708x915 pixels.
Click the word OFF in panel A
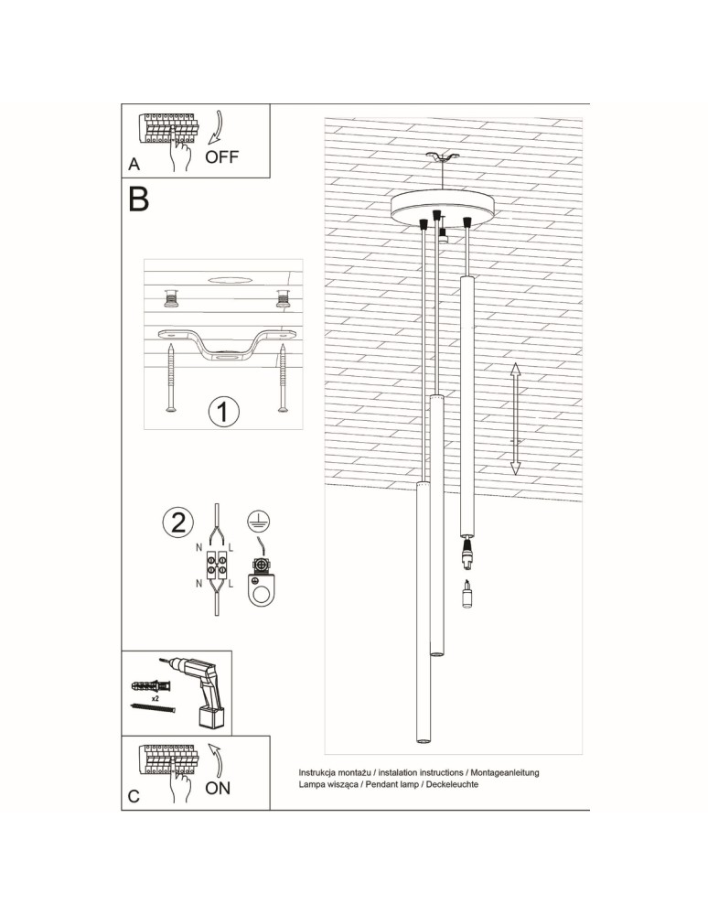click(x=222, y=156)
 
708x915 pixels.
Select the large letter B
click(x=138, y=199)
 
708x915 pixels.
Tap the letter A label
click(x=134, y=165)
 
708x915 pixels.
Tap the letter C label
click(x=134, y=797)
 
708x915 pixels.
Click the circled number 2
click(x=177, y=522)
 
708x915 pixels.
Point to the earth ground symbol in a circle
click(x=259, y=520)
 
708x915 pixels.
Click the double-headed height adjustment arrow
click(x=515, y=417)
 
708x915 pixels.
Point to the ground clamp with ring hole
click(x=264, y=585)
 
